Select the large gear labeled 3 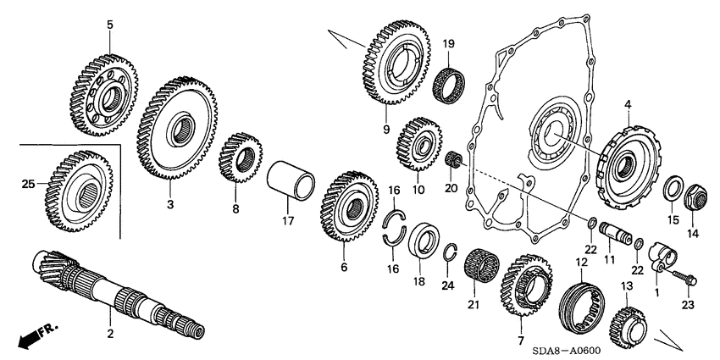click(178, 127)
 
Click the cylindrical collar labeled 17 click(291, 182)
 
